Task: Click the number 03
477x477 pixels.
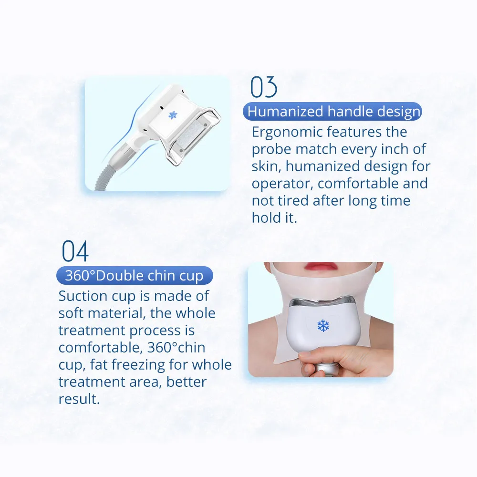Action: [263, 87]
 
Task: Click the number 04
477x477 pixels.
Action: [75, 251]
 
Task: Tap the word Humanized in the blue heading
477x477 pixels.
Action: [285, 111]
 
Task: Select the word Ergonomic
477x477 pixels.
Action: [286, 133]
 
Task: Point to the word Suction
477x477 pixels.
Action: [83, 296]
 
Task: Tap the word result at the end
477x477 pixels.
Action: [79, 399]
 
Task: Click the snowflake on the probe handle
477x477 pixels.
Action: [173, 115]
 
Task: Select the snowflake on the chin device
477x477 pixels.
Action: [323, 325]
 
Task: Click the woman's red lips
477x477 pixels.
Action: [321, 267]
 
